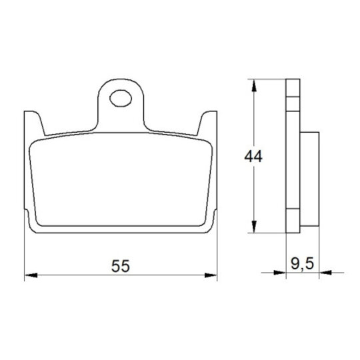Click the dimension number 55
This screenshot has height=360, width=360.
[121, 266]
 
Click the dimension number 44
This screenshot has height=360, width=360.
[253, 157]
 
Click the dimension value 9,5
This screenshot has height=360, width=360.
[302, 263]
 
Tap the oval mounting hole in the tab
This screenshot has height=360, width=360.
[121, 98]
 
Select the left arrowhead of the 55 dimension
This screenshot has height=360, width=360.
[31, 275]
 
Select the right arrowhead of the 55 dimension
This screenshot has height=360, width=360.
[211, 275]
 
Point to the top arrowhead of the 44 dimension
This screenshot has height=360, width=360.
[254, 85]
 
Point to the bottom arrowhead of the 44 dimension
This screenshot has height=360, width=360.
[254, 227]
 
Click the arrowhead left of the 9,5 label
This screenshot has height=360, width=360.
[279, 273]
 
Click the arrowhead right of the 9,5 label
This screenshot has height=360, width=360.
[325, 273]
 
